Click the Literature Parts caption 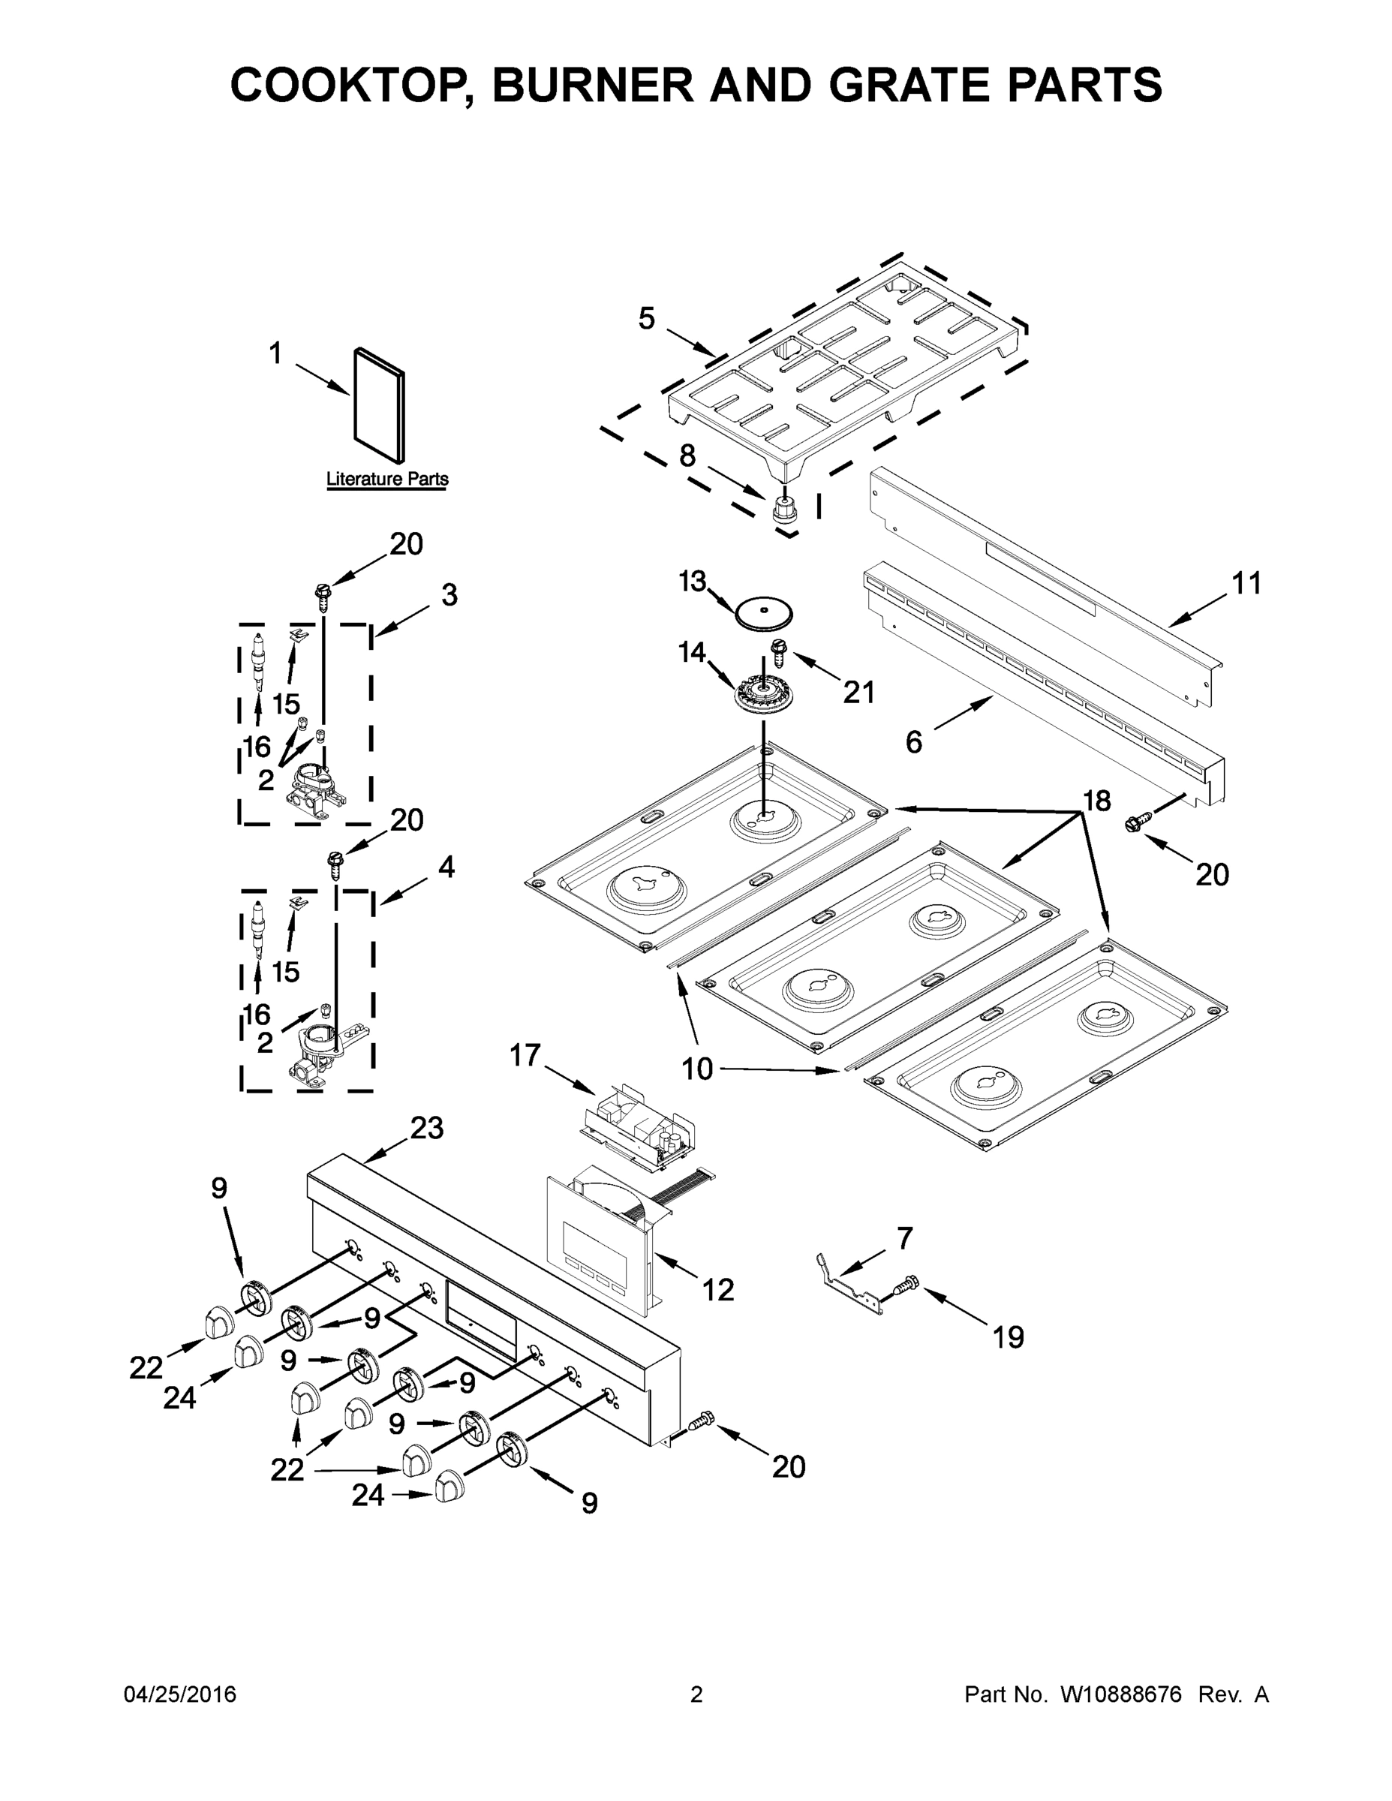[x=386, y=479]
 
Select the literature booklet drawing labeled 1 [x=380, y=404]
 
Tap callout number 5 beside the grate [x=647, y=318]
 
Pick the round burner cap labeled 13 [x=764, y=615]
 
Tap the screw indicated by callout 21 [x=778, y=653]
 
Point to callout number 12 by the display [x=717, y=1290]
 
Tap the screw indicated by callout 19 [x=907, y=1284]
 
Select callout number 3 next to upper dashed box [x=449, y=594]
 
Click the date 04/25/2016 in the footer [x=180, y=1694]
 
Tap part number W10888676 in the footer [x=1120, y=1694]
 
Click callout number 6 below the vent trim [x=914, y=742]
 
